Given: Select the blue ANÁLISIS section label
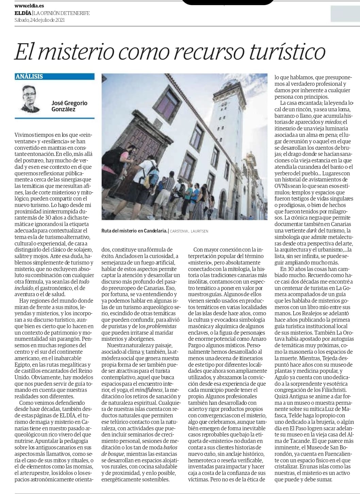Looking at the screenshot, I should click(x=29, y=76).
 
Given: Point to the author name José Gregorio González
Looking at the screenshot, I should click(x=69, y=106).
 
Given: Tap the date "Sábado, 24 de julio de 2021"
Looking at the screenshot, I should click(x=39, y=20).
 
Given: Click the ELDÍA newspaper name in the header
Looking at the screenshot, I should click(x=23, y=13).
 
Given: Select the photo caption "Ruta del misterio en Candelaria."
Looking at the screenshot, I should click(x=134, y=231).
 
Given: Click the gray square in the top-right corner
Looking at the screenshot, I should click(x=345, y=14).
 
